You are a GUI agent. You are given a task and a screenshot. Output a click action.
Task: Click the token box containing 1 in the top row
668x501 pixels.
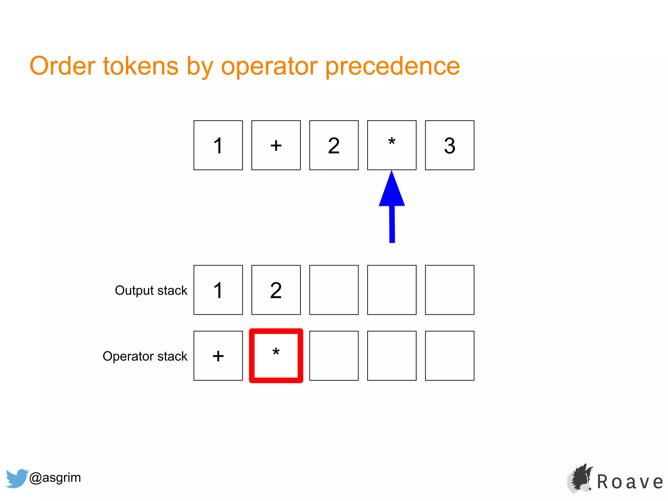218,145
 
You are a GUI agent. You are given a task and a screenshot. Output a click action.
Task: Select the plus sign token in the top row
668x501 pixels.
276,145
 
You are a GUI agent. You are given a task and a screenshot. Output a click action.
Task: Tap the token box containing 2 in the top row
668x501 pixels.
334,145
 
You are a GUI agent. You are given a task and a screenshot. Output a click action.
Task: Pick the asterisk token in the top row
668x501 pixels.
392,145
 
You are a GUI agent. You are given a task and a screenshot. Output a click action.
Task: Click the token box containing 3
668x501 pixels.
449,145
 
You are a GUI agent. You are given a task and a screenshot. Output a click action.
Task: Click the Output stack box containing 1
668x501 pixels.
218,290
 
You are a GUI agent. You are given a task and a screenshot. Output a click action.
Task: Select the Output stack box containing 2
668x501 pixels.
276,290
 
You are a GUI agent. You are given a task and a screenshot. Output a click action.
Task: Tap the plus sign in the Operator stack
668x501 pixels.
218,356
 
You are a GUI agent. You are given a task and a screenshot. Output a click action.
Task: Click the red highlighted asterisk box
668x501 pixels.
276,356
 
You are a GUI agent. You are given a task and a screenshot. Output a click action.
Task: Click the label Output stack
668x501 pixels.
151,290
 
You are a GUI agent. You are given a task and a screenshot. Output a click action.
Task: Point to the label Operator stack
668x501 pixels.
145,356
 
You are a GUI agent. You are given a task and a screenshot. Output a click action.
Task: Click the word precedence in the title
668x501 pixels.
392,66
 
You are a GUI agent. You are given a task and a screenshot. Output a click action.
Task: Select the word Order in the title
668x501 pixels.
62,66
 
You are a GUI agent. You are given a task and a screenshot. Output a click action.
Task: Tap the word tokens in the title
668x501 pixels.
141,66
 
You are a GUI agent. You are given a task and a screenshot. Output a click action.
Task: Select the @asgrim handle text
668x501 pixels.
55,478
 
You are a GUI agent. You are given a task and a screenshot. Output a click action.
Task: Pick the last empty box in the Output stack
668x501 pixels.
449,290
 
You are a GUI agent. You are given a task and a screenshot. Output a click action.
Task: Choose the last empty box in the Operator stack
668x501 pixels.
449,356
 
